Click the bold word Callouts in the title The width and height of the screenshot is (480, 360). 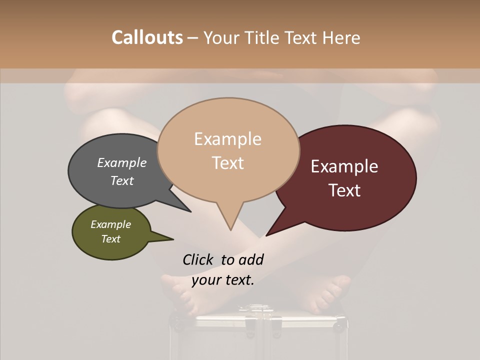pos(147,37)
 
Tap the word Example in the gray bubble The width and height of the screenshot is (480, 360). pos(122,162)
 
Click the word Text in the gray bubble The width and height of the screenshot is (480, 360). pos(122,180)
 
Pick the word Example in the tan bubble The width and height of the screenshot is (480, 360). pos(227,139)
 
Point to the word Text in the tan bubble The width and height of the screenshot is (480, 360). pos(228,163)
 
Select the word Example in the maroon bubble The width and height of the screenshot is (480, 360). pos(344,166)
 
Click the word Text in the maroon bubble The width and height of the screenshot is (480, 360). pos(345,190)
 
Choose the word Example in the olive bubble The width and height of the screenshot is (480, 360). pos(111,224)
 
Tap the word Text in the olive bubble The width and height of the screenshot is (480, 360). pos(111,239)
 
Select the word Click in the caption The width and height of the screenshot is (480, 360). pos(199,259)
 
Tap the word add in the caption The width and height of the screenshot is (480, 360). pos(250,259)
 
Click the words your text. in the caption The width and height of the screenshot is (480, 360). pos(223,280)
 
